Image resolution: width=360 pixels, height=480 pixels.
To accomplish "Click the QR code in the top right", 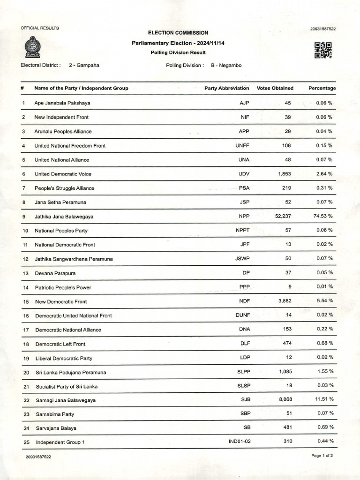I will [323, 50].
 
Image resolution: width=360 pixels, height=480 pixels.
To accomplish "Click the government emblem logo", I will [32, 47].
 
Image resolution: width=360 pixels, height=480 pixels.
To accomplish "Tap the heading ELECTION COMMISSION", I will [178, 33].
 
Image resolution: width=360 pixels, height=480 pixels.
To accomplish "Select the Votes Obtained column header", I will [275, 88].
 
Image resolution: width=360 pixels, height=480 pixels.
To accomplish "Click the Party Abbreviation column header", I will [227, 88].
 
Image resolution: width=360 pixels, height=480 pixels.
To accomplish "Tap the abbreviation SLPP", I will [244, 372].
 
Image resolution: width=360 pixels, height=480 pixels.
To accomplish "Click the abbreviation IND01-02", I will [240, 442].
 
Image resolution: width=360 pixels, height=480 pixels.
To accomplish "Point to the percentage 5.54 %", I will [323, 301].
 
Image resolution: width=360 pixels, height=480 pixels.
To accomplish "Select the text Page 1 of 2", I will [322, 456].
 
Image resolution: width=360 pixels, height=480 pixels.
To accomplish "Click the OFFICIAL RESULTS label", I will [40, 28].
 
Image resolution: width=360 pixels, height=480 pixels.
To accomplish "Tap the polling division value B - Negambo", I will [226, 65].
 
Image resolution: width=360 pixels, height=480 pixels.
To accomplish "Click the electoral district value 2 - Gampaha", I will [84, 65].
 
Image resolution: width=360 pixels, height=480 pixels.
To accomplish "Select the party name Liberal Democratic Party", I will [64, 358].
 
